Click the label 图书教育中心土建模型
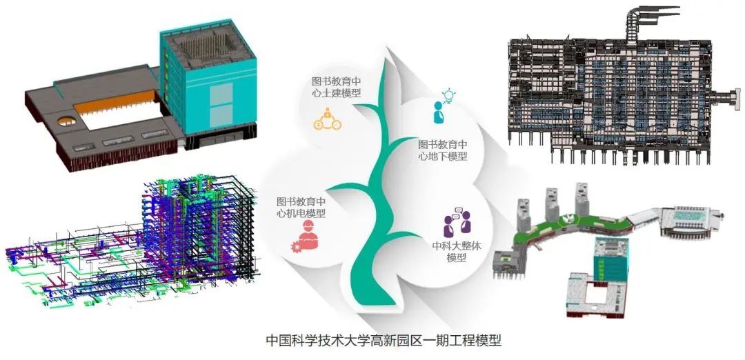(x=336, y=87)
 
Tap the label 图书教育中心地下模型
(x=443, y=150)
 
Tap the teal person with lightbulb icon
(x=441, y=106)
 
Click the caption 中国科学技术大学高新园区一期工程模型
(x=384, y=341)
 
